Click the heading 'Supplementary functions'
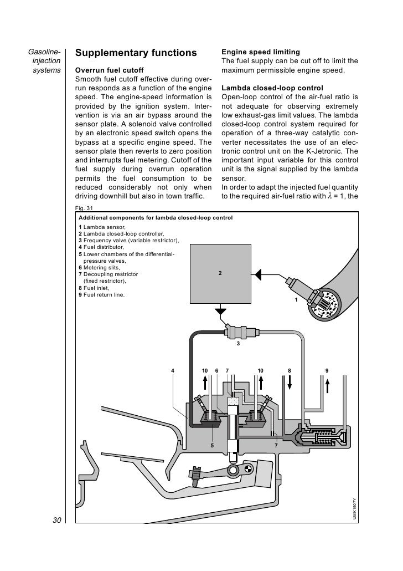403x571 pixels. coord(136,53)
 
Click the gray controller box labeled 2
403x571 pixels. coord(220,273)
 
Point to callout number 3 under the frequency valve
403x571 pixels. coord(238,344)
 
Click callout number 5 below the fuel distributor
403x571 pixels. coord(211,445)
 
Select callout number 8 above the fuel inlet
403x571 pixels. coord(289,370)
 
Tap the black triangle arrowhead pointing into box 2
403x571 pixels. coord(259,273)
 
